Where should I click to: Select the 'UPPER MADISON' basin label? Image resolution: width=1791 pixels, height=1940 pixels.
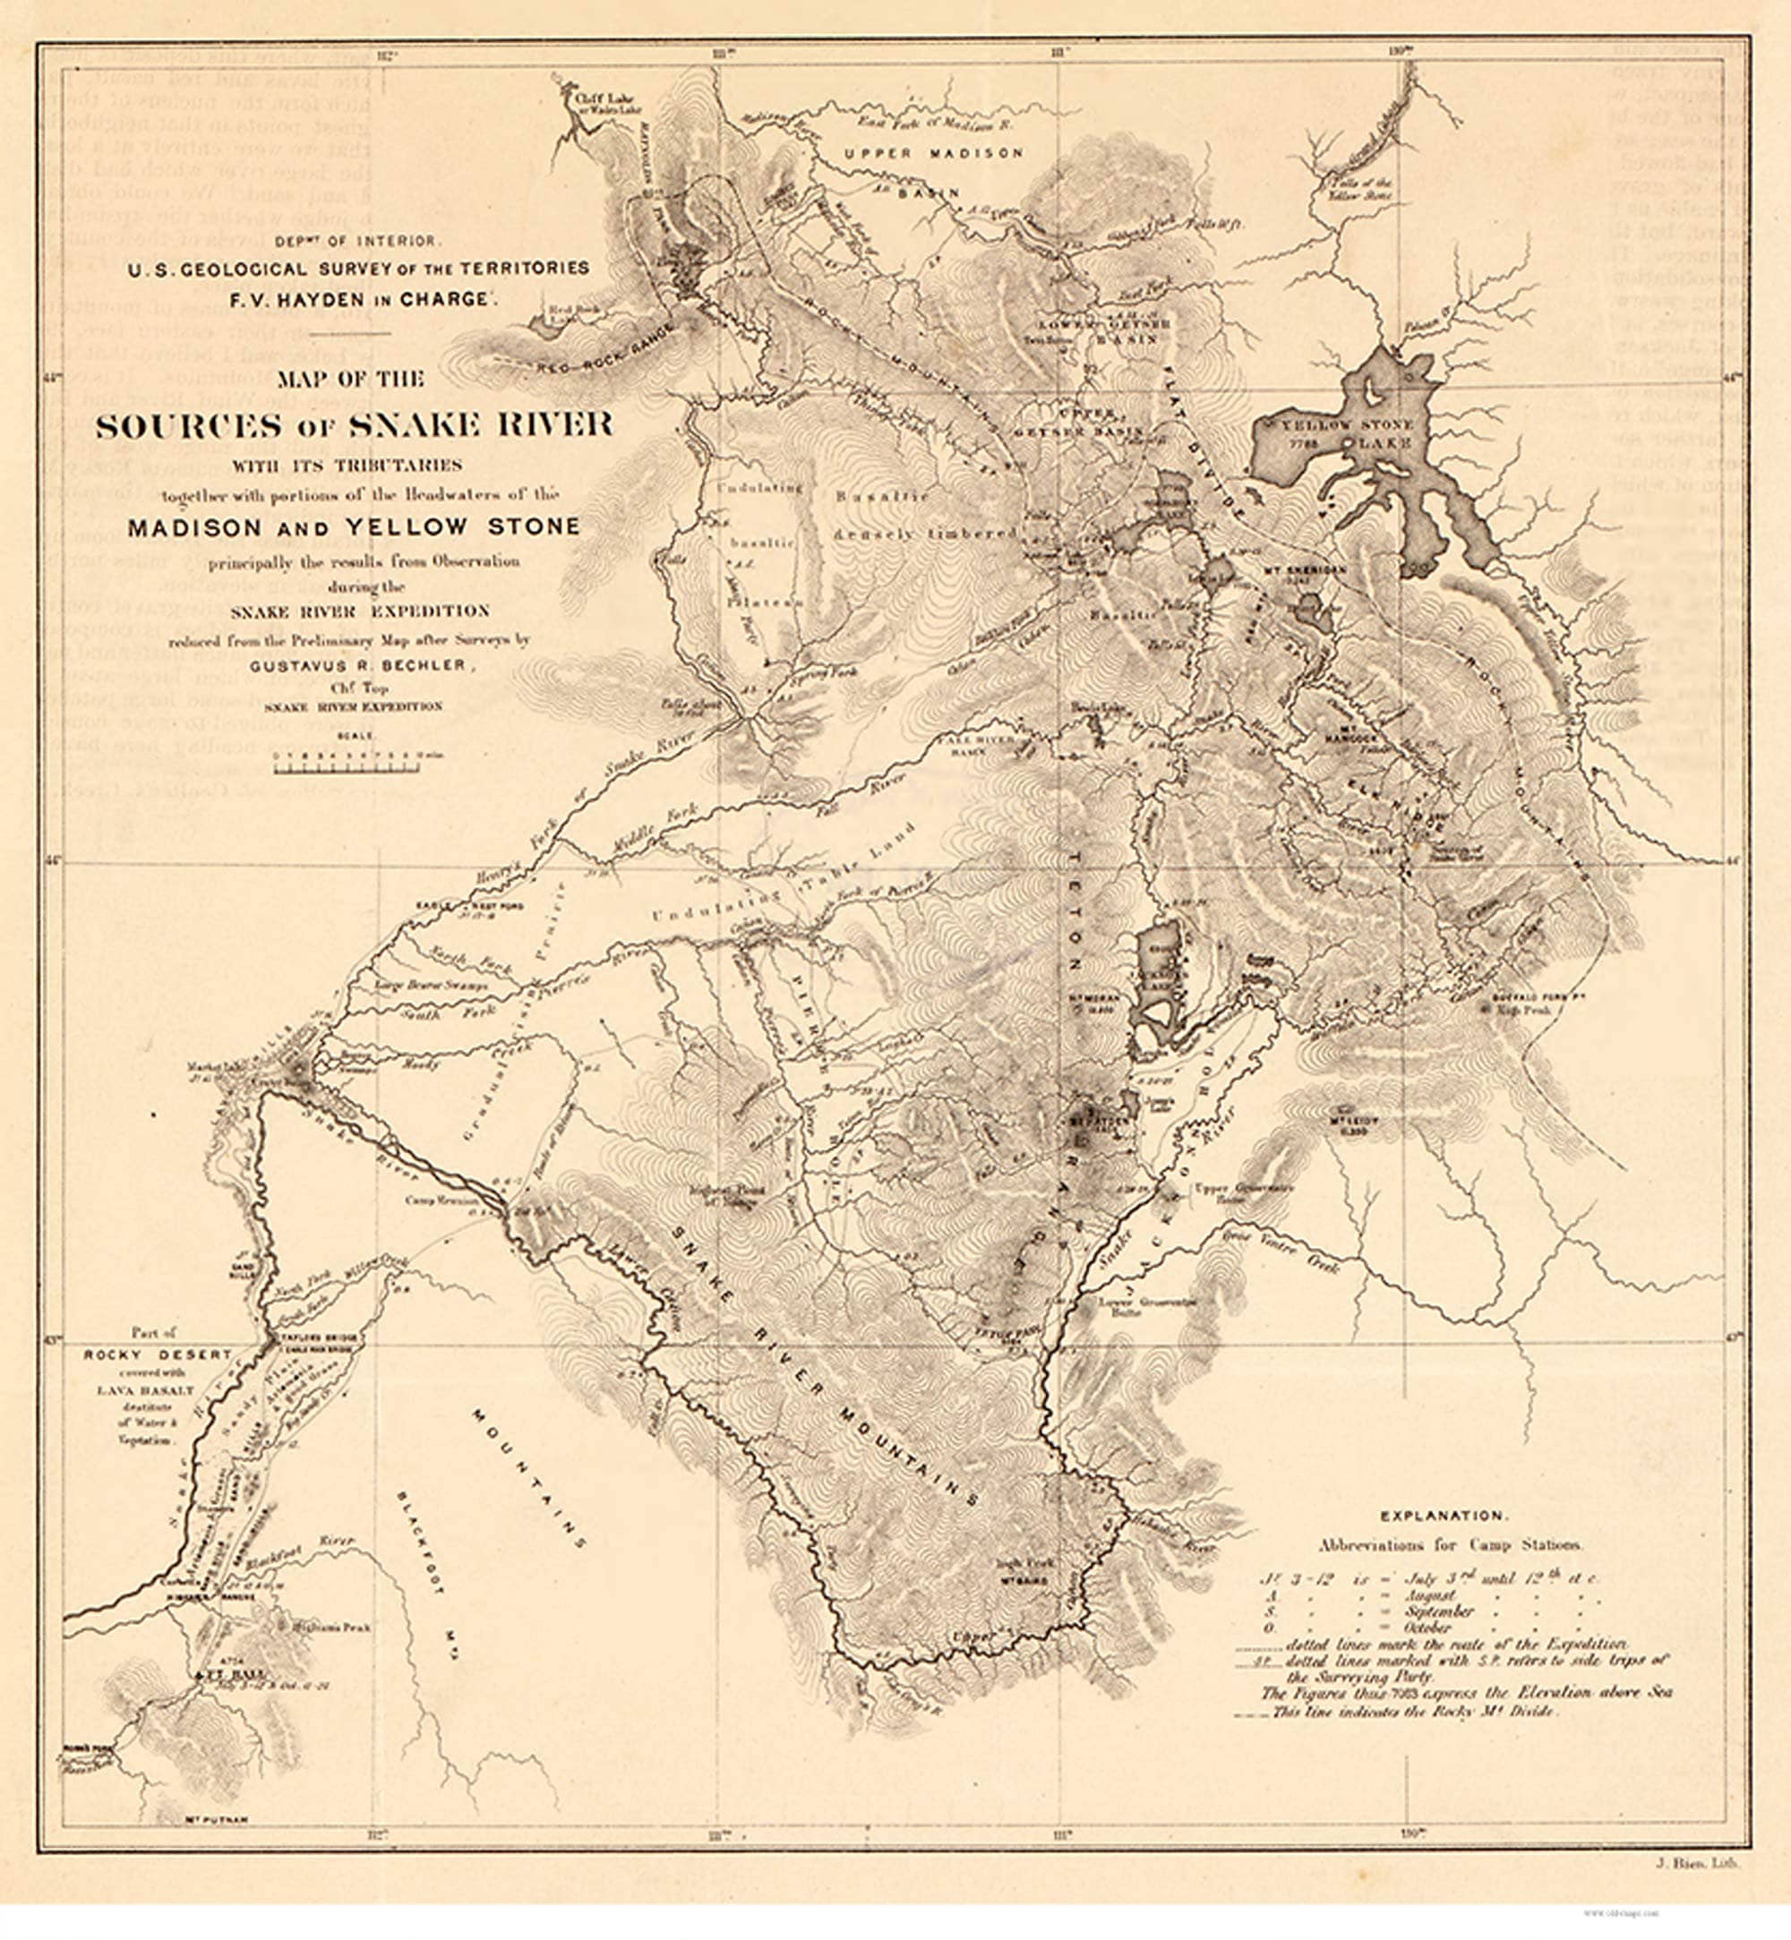932,153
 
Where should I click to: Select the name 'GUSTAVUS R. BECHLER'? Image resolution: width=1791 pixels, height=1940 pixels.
363,666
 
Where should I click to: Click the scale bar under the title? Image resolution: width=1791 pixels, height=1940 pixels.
347,768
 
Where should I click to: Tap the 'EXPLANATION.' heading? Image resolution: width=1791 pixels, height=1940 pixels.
1443,1516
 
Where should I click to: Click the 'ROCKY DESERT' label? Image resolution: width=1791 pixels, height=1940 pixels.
157,1355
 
